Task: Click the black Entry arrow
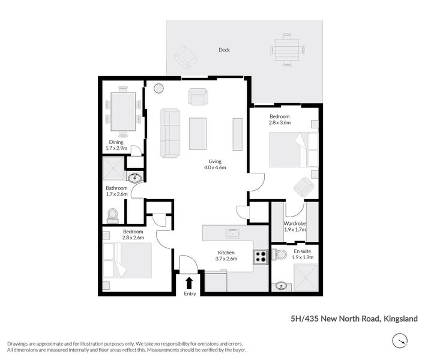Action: [190, 283]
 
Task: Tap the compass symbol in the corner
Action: [399, 341]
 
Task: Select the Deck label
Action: [224, 50]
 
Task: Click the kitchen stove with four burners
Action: [261, 256]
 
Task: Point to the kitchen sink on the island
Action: [232, 233]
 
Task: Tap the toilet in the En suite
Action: [279, 255]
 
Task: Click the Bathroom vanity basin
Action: [135, 178]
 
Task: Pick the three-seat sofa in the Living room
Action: [170, 133]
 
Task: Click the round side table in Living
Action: [158, 89]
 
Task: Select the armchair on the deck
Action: [185, 58]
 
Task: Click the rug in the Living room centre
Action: [197, 133]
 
